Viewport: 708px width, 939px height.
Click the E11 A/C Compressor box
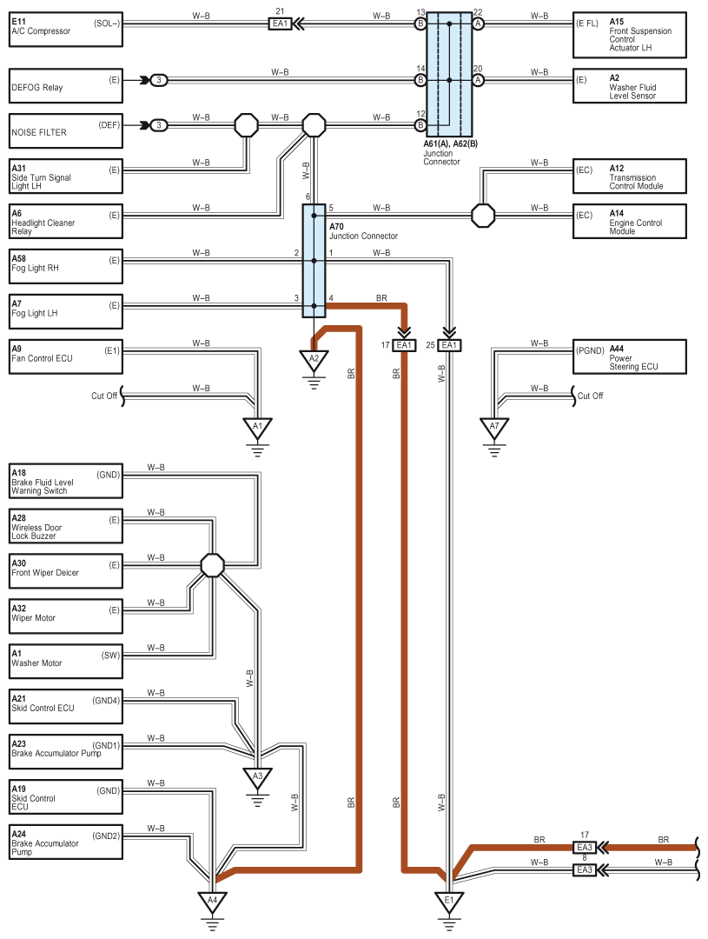[x=66, y=30]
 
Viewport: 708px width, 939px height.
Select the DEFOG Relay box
[x=66, y=85]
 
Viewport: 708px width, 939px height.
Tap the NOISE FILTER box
[x=66, y=131]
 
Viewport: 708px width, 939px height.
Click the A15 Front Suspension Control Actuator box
[x=630, y=35]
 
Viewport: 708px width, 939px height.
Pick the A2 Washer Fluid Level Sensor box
[x=630, y=85]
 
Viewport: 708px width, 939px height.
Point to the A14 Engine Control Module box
[x=630, y=222]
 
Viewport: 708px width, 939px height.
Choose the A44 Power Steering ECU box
[x=630, y=357]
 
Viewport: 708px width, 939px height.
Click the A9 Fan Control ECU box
[x=66, y=357]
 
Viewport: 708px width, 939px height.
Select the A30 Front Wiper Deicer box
[x=66, y=570]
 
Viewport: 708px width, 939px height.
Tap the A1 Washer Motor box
[x=66, y=661]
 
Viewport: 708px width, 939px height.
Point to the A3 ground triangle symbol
[x=257, y=778]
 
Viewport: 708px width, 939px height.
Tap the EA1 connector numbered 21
[x=280, y=24]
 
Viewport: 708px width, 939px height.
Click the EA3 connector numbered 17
[x=585, y=848]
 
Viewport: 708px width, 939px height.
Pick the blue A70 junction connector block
[x=314, y=261]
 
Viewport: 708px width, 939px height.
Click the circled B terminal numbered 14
[x=420, y=80]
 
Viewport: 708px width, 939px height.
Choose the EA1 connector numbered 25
[x=449, y=345]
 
